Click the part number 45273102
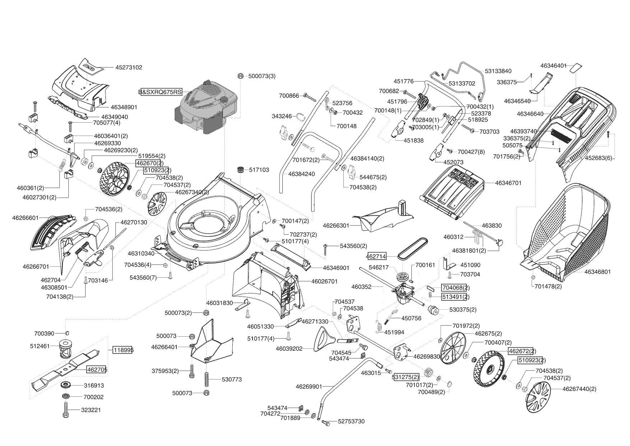pos(129,67)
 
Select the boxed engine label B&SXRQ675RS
pos(160,92)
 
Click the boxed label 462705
pos(97,369)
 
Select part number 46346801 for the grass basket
pos(597,272)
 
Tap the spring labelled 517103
pos(241,169)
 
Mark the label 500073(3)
pos(262,76)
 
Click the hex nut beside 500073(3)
pos(241,76)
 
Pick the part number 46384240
pos(301,174)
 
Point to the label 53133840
pos(498,71)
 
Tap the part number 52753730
pos(351,421)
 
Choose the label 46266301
pos(336,226)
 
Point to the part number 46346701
pos(508,183)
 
